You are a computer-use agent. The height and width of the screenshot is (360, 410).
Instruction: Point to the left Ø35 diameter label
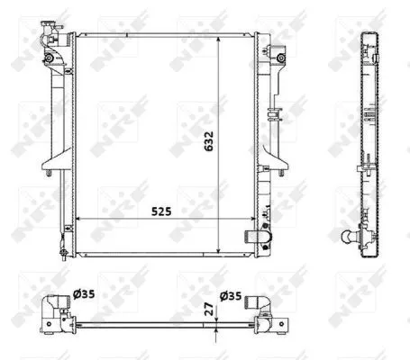pos(87,292)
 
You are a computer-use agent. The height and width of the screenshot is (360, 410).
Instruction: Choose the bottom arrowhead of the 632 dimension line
pos(222,251)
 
